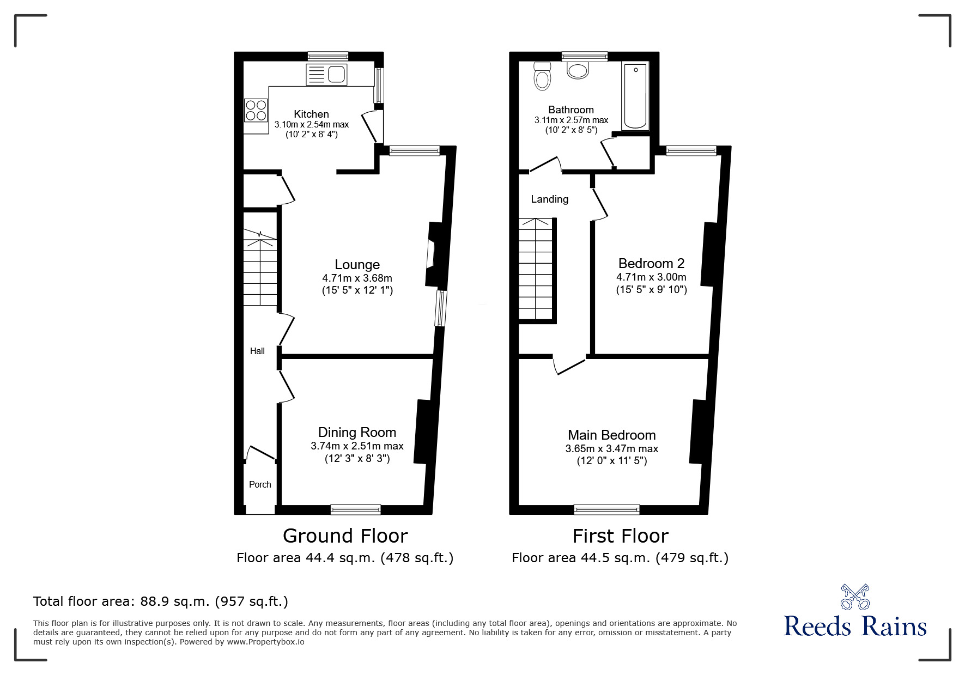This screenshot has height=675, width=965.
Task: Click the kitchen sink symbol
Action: (326, 74)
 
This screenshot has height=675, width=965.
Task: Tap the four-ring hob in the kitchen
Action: (256, 110)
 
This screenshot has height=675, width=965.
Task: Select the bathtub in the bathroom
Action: (635, 96)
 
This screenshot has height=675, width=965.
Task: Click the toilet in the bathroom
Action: (542, 76)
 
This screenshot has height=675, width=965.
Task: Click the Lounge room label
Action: (357, 265)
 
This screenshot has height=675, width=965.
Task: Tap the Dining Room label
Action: (357, 433)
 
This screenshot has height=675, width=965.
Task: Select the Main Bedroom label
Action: (611, 435)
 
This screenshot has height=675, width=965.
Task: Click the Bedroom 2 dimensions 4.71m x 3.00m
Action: (651, 277)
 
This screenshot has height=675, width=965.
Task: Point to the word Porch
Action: (260, 484)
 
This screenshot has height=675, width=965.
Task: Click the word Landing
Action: (549, 199)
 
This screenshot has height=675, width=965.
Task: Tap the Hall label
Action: (257, 351)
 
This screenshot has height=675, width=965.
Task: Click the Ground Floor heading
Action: (345, 536)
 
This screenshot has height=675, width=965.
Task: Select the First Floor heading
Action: (620, 536)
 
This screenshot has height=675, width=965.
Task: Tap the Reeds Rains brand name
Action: (855, 627)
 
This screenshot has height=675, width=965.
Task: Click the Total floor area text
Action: (161, 601)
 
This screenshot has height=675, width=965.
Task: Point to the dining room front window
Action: (355, 509)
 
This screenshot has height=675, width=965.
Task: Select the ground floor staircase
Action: (260, 267)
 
